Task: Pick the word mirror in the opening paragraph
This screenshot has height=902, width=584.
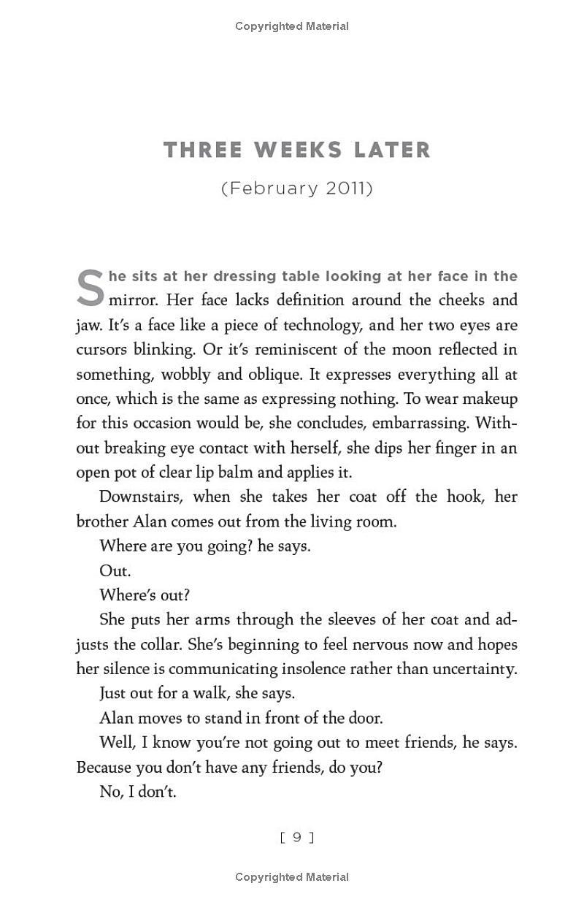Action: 134,300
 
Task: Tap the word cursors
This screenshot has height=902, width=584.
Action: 102,349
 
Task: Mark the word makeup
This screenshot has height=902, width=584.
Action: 490,399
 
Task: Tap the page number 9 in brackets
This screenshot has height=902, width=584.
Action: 297,838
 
